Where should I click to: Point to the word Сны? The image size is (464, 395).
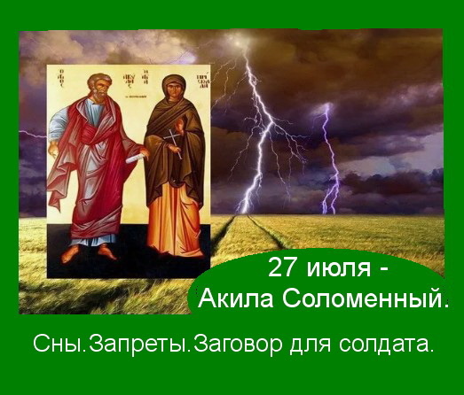57,344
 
